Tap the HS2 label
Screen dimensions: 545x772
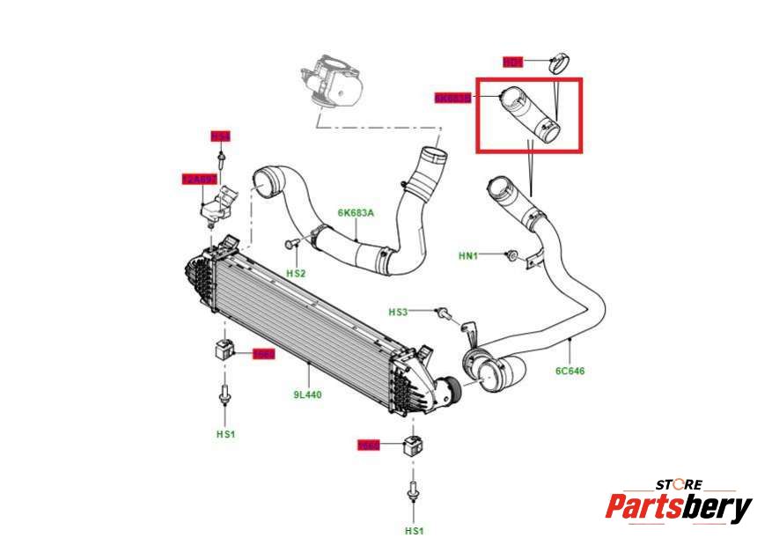296,273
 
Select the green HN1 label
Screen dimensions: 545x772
468,256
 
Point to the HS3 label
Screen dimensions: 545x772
399,312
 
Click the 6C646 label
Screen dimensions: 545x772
570,371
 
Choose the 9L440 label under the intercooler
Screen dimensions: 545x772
308,394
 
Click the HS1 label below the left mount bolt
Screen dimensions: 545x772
225,434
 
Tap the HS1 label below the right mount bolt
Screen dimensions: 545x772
414,531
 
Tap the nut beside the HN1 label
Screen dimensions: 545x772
511,256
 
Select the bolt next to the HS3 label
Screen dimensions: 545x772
442,313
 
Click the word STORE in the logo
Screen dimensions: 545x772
679,484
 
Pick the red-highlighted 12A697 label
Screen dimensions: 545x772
198,179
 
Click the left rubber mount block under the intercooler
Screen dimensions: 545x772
223,349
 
